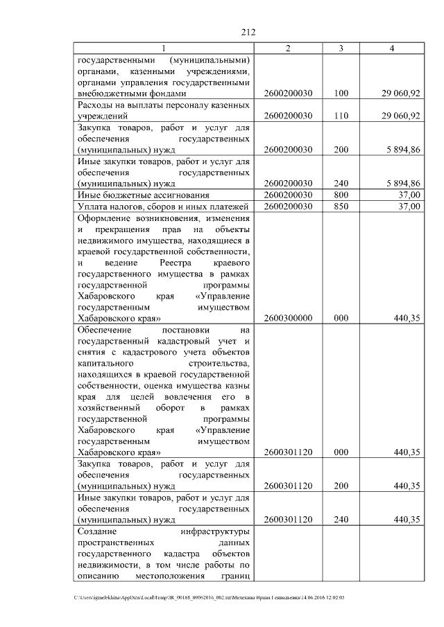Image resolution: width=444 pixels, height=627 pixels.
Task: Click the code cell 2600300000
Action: point(288,317)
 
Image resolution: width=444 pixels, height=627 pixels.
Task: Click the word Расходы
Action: point(95,105)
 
